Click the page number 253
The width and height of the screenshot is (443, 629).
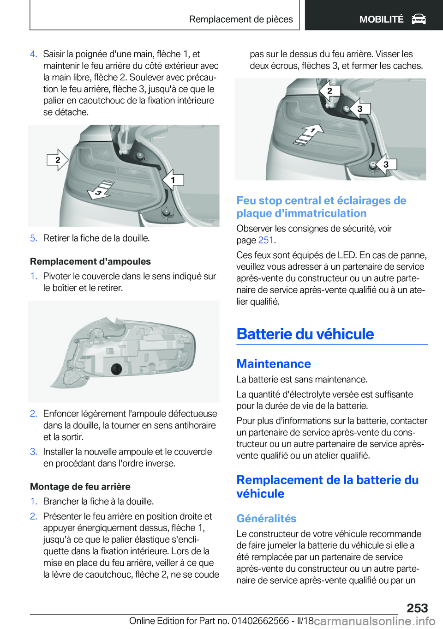417,608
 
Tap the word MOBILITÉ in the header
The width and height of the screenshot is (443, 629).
381,19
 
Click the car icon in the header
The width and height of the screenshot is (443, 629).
419,19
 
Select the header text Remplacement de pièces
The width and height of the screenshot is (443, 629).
241,19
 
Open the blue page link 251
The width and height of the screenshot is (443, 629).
266,240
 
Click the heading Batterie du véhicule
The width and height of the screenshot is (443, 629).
305,334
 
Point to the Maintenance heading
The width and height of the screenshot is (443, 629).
274,364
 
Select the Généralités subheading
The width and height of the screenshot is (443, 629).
266,519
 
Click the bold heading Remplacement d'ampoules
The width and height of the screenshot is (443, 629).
90,261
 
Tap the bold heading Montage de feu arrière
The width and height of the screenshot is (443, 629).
80,487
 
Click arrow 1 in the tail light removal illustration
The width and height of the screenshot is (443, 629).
174,180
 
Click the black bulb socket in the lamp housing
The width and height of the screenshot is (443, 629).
116,369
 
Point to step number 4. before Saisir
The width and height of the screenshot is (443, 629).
33,54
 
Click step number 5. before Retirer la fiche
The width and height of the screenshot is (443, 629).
33,238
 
